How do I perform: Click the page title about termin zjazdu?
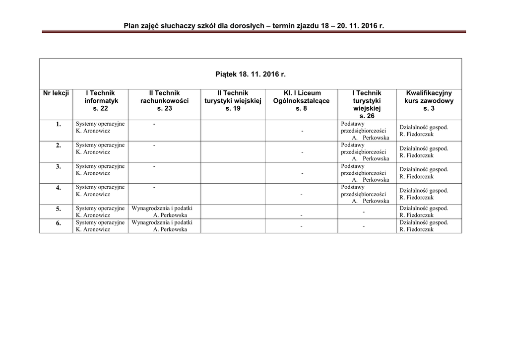[254, 25]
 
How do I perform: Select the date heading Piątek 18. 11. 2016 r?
[251, 74]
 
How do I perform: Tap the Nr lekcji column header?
[56, 93]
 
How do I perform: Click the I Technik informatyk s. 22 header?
[100, 100]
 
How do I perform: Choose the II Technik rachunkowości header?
[164, 100]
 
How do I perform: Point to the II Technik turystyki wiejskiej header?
[233, 100]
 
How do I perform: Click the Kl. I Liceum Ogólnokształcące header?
[301, 100]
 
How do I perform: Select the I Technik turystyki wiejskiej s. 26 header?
[367, 104]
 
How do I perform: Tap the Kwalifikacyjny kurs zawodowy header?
[429, 100]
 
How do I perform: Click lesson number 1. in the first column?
[58, 124]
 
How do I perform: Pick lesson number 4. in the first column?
[58, 188]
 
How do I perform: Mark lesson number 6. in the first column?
[58, 223]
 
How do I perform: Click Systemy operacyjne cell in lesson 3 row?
[100, 169]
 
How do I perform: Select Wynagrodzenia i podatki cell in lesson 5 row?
[162, 212]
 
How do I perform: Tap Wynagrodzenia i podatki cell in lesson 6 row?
[162, 226]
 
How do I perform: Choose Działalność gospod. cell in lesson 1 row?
[424, 130]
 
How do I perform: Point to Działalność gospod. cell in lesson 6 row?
[424, 226]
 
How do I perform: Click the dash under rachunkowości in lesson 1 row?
[154, 124]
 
